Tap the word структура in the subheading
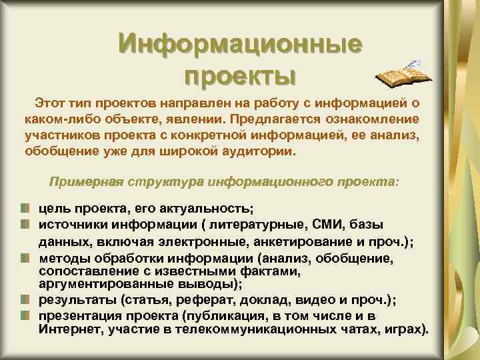coord(167,182)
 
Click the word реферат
coord(201,299)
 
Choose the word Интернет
coord(67,330)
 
